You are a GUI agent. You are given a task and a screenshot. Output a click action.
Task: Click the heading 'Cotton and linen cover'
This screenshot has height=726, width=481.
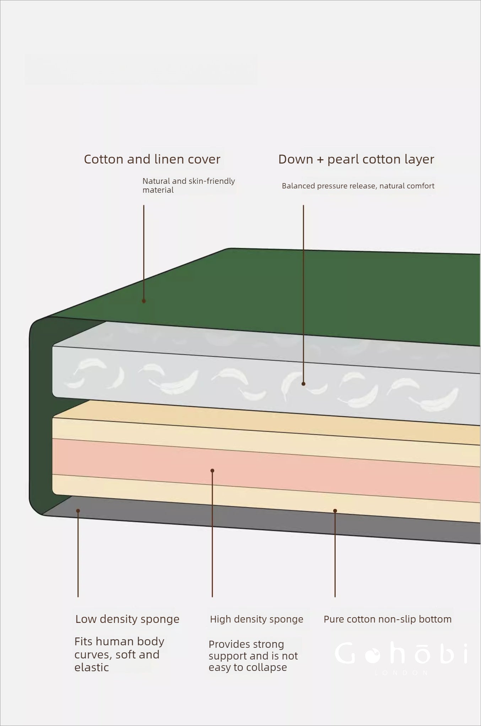[152, 159]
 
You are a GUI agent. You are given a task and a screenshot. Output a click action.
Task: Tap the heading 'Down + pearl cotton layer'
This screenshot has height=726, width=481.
[356, 159]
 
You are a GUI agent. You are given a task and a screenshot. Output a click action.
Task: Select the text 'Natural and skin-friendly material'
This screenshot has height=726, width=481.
[188, 185]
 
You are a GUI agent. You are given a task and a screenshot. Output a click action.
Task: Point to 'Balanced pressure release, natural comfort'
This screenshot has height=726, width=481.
[358, 186]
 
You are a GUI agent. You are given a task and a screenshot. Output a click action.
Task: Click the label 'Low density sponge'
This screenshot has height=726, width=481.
[127, 619]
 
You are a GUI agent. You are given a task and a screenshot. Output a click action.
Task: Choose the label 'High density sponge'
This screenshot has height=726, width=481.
[256, 619]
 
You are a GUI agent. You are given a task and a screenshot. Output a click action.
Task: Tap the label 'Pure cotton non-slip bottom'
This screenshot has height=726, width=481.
[387, 619]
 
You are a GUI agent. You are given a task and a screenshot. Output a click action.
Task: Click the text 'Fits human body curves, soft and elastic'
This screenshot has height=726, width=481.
[119, 654]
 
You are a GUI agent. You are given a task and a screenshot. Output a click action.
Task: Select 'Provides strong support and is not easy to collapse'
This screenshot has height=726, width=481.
[253, 656]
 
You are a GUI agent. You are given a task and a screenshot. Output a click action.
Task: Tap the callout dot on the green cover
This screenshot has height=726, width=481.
[144, 301]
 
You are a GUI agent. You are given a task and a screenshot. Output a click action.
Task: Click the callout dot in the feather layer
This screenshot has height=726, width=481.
[303, 384]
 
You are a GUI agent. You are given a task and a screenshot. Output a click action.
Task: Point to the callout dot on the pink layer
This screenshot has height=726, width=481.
[212, 471]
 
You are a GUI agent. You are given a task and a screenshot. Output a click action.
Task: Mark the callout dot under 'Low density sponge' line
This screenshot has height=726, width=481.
[78, 511]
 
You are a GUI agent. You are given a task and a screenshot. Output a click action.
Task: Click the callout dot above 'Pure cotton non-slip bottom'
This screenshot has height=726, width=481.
[335, 511]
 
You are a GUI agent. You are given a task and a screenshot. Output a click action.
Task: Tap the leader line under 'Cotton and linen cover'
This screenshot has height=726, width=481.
[144, 249]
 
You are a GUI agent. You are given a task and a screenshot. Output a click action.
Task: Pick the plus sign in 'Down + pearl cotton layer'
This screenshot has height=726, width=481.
[320, 160]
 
